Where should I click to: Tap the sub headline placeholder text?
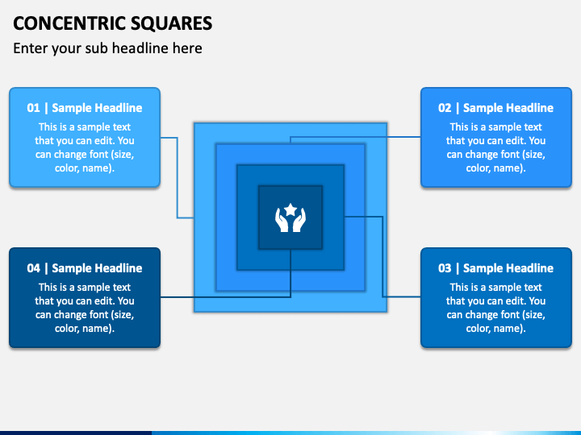click(107, 48)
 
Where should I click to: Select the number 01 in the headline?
click(33, 108)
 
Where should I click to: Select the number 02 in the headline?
click(445, 108)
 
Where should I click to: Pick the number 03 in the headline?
click(445, 268)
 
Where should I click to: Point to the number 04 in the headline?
click(33, 268)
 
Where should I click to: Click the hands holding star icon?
click(290, 217)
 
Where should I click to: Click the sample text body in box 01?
click(85, 147)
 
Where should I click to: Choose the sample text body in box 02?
click(496, 147)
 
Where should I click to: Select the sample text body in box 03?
click(496, 308)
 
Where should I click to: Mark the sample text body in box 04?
click(85, 308)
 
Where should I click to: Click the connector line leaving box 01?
click(178, 177)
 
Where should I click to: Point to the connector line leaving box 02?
click(355, 137)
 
